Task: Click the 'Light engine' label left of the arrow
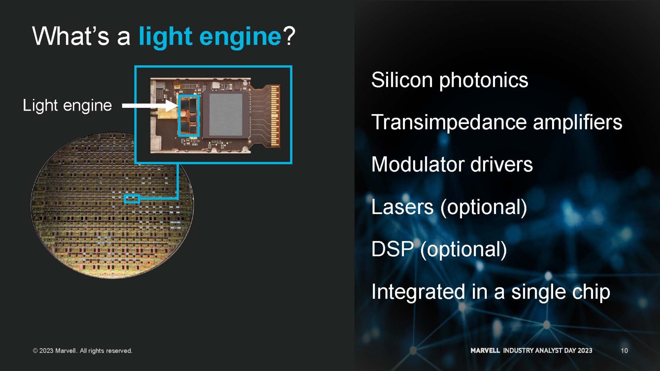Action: (x=67, y=105)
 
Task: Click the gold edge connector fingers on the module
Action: (x=275, y=115)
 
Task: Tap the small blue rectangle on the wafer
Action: (x=132, y=199)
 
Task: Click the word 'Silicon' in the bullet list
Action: (x=401, y=80)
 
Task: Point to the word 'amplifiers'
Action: (x=577, y=122)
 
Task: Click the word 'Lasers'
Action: (x=402, y=207)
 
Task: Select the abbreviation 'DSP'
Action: (x=392, y=249)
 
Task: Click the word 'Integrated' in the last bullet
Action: (x=418, y=292)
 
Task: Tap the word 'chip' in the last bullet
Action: (x=591, y=292)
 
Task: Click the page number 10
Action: (x=624, y=350)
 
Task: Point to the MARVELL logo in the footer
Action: (x=485, y=350)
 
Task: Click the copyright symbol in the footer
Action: (x=35, y=351)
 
